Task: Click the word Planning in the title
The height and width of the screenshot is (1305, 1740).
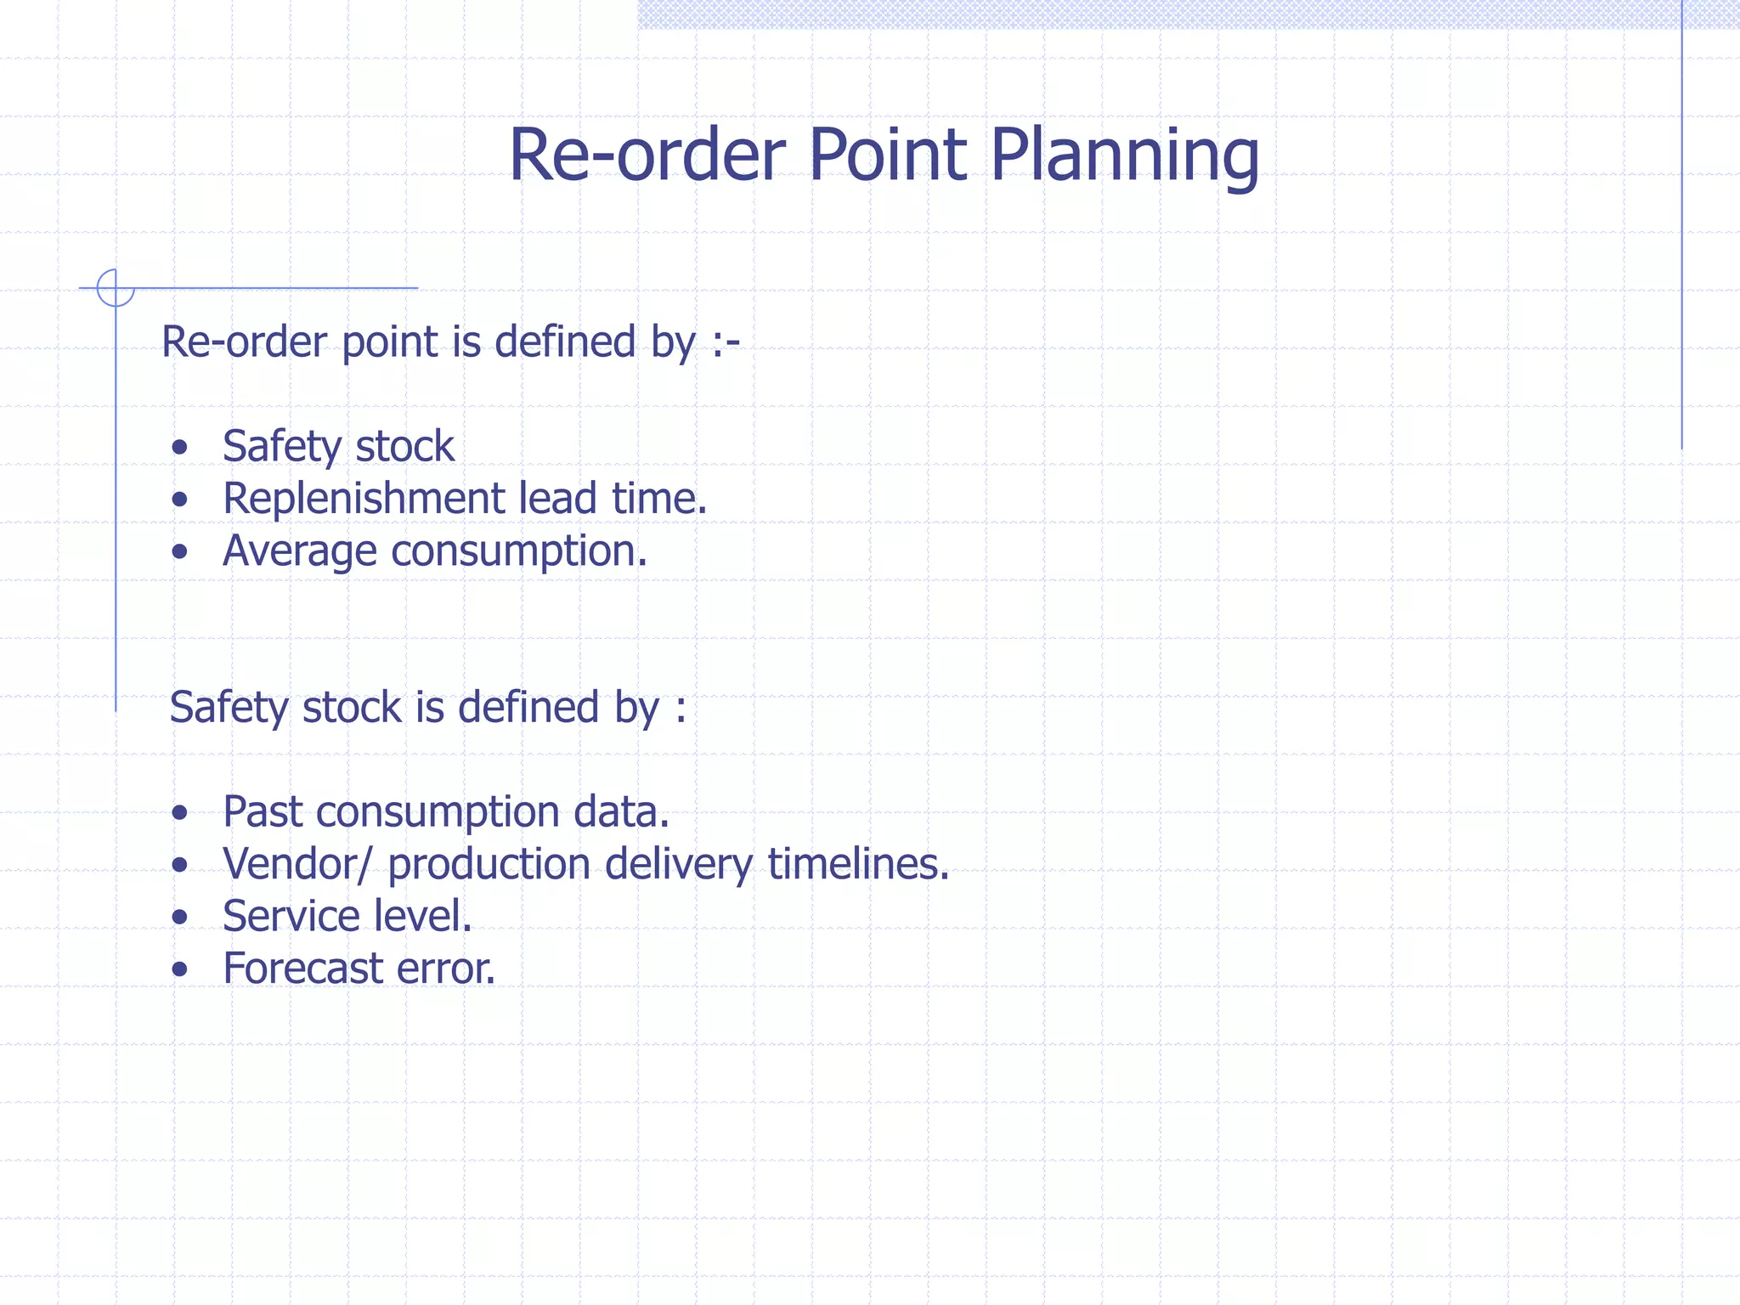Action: coord(1124,156)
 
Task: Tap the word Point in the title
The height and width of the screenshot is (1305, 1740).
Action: coord(887,155)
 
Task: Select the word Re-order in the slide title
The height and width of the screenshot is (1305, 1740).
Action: coord(647,155)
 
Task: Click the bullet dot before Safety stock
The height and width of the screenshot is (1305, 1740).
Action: coord(179,448)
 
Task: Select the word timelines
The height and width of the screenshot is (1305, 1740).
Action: coord(858,864)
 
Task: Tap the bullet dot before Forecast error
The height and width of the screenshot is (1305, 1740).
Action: coord(179,969)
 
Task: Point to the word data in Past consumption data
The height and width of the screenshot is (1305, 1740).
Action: coord(620,812)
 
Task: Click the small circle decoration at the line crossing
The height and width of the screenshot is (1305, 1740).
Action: coord(116,287)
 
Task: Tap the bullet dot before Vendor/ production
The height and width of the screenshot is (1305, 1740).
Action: coord(179,866)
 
